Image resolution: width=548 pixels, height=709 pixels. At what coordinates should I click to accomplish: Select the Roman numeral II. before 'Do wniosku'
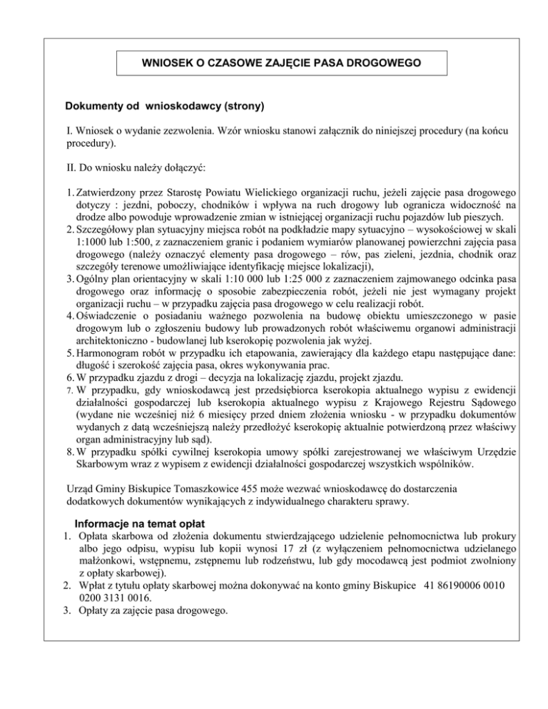(x=71, y=166)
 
